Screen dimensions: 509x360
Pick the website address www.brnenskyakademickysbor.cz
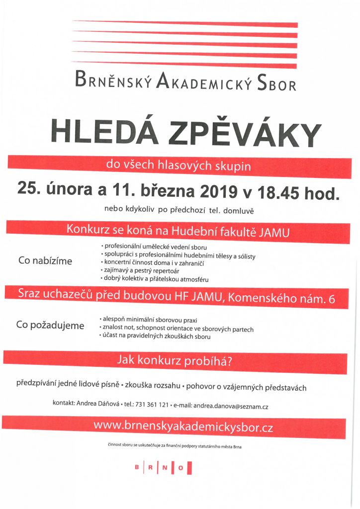coord(183,426)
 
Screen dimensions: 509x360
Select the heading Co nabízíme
coord(45,260)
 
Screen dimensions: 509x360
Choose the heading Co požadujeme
coord(50,325)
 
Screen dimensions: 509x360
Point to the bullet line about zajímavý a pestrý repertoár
coord(134,270)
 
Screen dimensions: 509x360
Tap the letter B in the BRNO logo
coord(137,467)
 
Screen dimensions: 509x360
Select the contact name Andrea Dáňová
coord(97,403)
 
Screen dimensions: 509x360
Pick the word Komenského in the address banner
coord(255,299)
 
